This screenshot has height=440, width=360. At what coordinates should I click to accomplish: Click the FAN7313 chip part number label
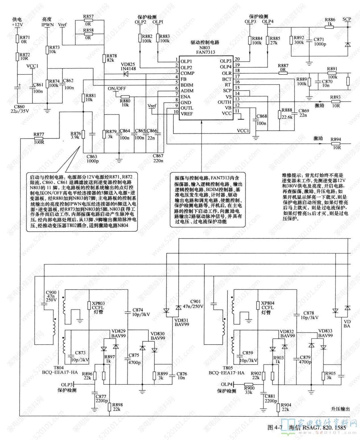(x=205, y=52)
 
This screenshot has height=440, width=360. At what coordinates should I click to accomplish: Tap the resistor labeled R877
(x=39, y=139)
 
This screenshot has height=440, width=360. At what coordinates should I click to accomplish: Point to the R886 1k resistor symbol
(x=329, y=27)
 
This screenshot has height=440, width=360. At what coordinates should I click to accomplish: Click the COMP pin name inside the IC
(x=187, y=73)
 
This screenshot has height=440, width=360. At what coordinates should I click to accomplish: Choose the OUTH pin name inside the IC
(x=224, y=102)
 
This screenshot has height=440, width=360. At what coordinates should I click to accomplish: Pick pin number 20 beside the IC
(x=237, y=59)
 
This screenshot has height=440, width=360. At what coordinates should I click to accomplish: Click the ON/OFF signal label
(x=117, y=89)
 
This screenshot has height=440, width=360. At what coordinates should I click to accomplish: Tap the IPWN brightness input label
(x=48, y=25)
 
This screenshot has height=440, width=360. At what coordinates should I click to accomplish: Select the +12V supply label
(x=17, y=25)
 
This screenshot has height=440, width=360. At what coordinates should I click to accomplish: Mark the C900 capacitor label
(x=51, y=293)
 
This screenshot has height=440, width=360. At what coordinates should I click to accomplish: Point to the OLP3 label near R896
(x=67, y=385)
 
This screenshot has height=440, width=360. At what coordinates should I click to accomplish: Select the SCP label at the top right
(x=347, y=19)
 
